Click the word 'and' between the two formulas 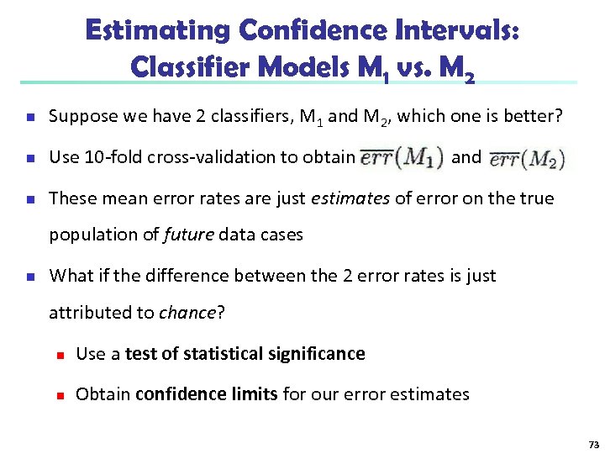(466, 156)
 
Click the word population (88, 235)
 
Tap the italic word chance (187, 313)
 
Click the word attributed (87, 313)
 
